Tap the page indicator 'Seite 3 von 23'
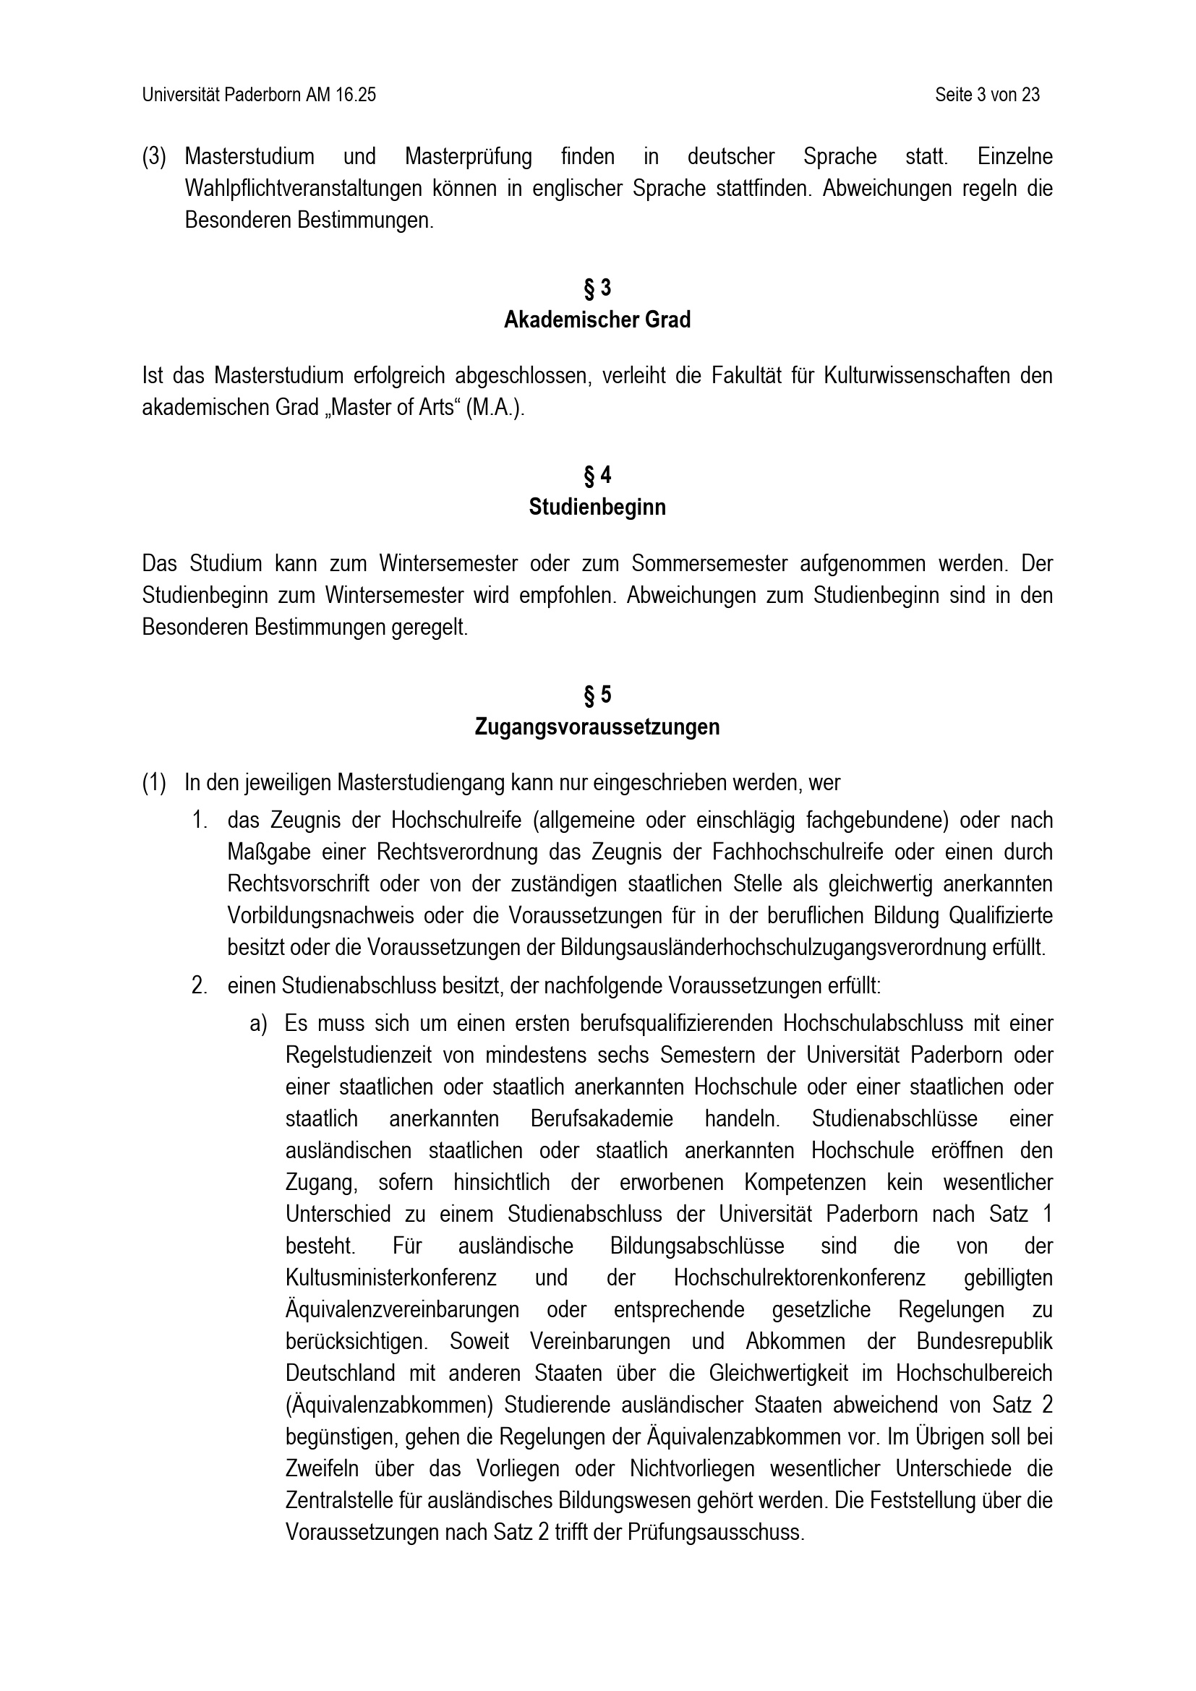pos(987,95)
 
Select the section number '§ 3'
pos(597,288)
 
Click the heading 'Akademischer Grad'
pos(597,320)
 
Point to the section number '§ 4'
pos(597,476)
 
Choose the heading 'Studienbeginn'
pos(597,508)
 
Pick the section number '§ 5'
pos(597,695)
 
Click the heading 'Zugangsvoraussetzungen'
pos(597,727)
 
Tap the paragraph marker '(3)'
pos(154,157)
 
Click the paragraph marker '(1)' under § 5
pos(154,783)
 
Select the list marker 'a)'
pos(257,1024)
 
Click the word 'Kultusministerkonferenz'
pos(390,1277)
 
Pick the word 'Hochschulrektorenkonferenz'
pos(799,1277)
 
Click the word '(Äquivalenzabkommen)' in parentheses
pos(389,1405)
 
